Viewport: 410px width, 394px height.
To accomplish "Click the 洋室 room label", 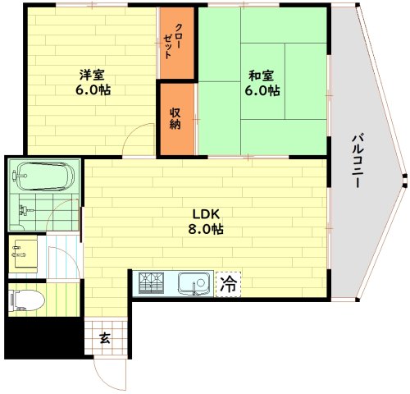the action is pyautogui.click(x=92, y=75).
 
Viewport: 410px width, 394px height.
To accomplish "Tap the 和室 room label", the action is pyautogui.click(x=261, y=76).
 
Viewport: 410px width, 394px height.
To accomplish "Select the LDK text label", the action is pyautogui.click(x=206, y=214).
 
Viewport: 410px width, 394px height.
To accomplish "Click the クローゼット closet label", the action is pyautogui.click(x=171, y=41).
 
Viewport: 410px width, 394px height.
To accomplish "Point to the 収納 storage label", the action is pyautogui.click(x=175, y=118).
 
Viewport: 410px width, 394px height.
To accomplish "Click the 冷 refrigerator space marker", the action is pyautogui.click(x=228, y=284).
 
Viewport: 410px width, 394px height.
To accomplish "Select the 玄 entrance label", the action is pyautogui.click(x=105, y=338).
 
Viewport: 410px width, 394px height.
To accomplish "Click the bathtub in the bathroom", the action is pyautogui.click(x=43, y=176).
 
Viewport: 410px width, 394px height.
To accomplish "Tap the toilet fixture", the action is pyautogui.click(x=26, y=300).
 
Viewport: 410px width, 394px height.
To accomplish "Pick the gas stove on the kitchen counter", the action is pyautogui.click(x=151, y=283).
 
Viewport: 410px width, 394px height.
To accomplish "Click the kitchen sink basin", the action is pyautogui.click(x=194, y=283).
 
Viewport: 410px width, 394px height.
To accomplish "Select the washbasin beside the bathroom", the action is pyautogui.click(x=25, y=254).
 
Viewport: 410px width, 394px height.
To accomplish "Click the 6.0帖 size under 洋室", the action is pyautogui.click(x=93, y=89).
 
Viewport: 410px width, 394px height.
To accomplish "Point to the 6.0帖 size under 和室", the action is pyautogui.click(x=262, y=90).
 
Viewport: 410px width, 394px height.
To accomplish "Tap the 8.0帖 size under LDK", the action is pyautogui.click(x=206, y=229).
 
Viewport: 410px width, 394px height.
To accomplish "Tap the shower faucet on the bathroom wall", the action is pyautogui.click(x=25, y=211).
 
